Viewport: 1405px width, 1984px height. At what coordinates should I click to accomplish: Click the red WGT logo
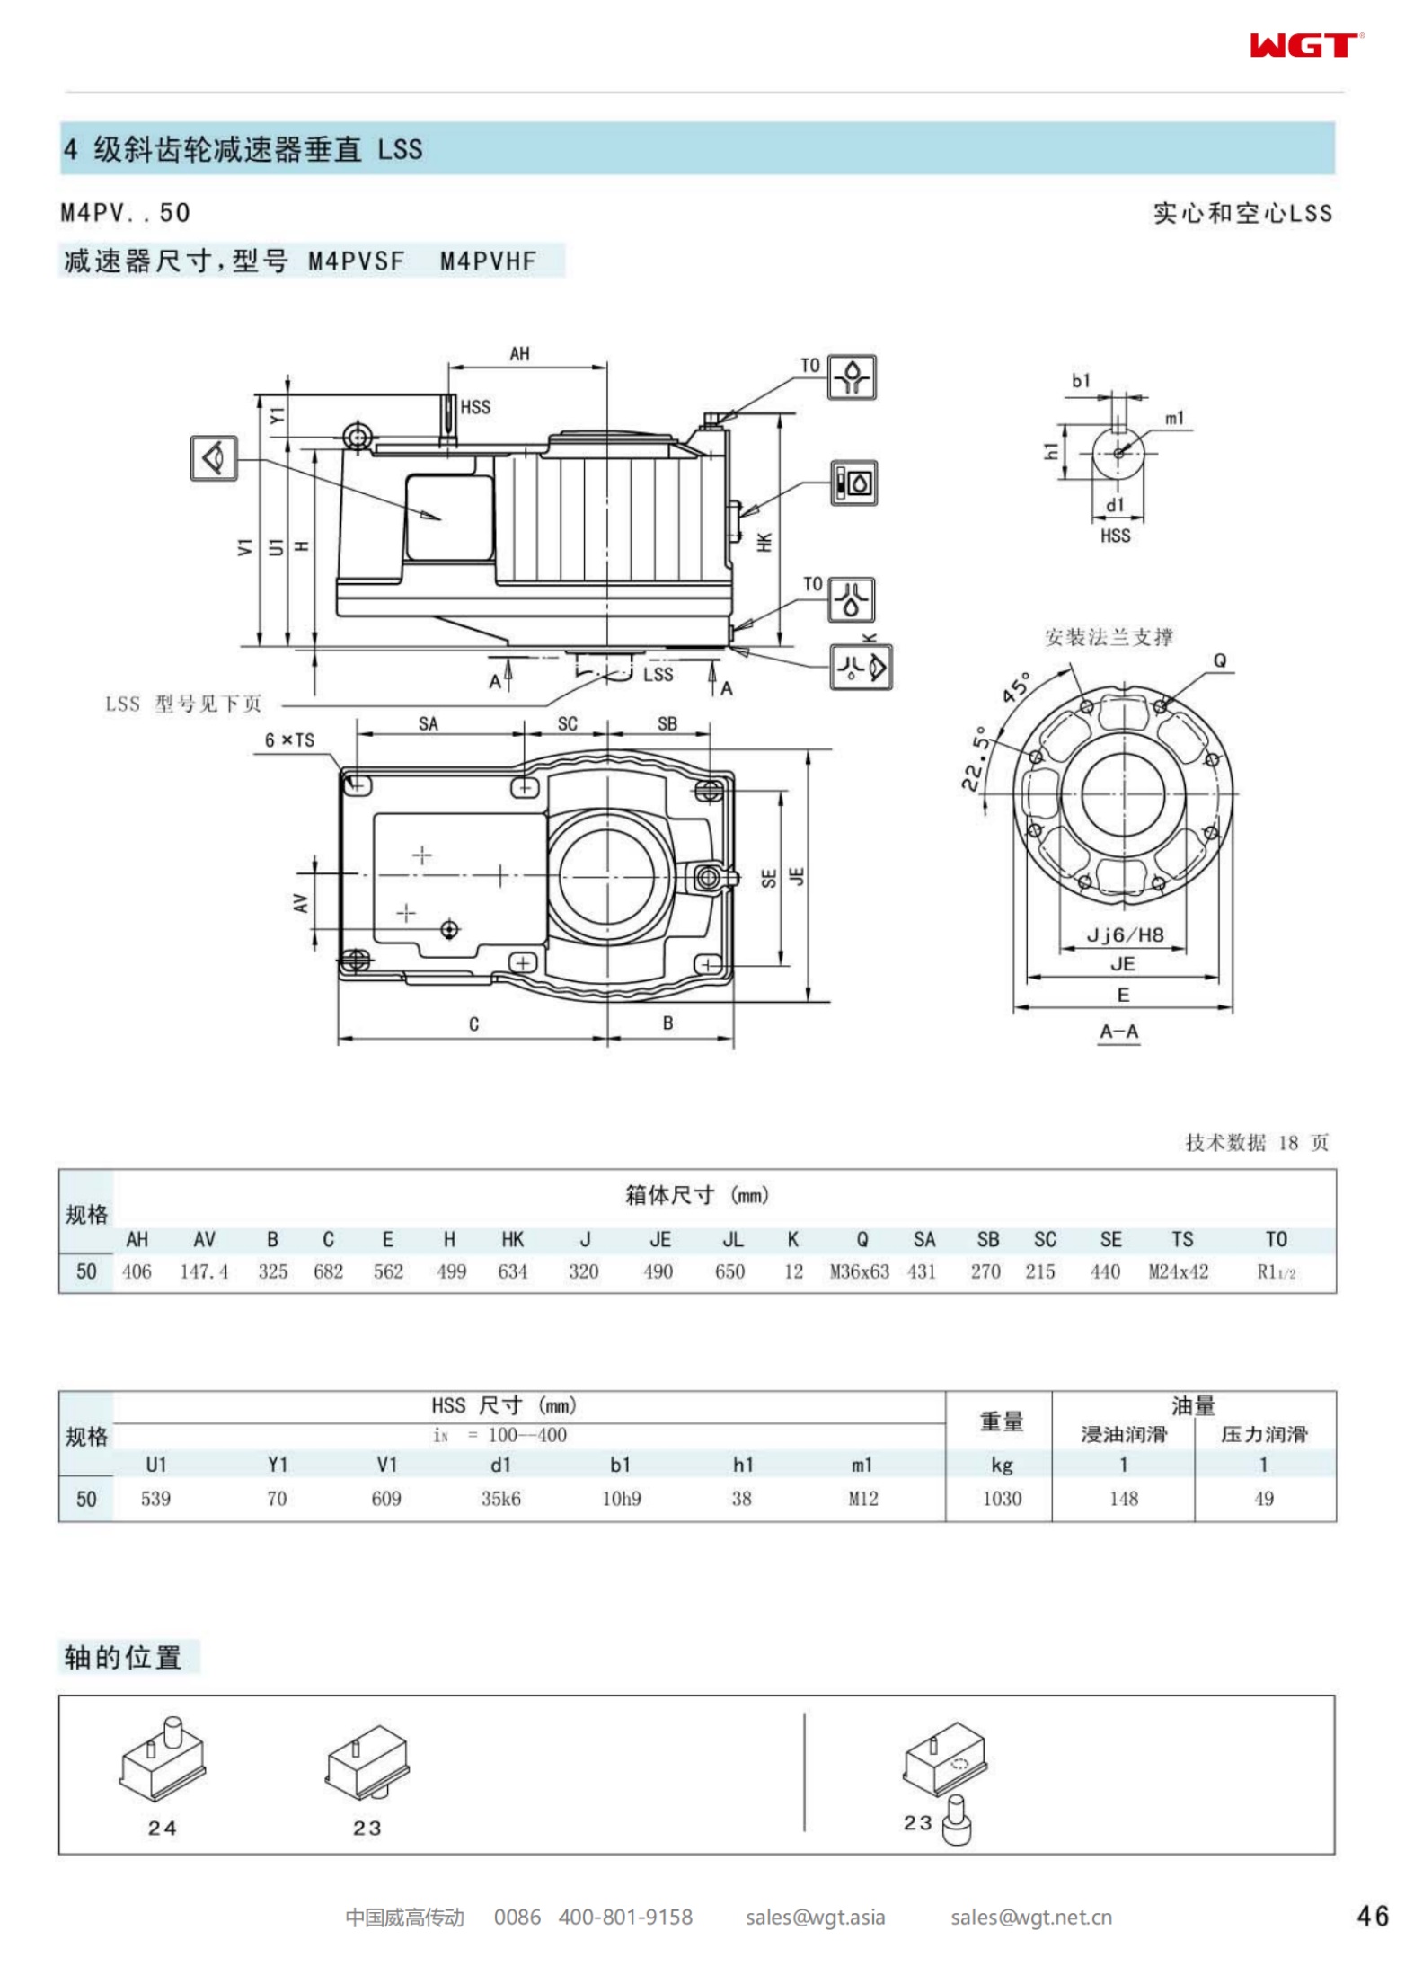[1304, 45]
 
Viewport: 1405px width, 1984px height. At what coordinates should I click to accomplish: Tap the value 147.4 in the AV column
[204, 1271]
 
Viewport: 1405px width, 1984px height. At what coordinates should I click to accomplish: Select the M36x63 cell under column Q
[859, 1271]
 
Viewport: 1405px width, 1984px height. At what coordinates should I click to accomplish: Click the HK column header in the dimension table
[512, 1239]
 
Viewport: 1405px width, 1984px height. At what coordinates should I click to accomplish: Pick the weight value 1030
[1002, 1498]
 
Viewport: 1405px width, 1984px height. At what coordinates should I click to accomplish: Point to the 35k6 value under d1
[500, 1498]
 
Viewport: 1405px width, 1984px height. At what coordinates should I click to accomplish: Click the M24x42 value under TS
[1178, 1271]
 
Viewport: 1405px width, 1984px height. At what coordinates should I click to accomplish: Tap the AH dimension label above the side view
[519, 354]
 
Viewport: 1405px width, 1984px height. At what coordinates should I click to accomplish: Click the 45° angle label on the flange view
[1018, 687]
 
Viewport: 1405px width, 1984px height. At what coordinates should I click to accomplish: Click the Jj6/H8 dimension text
[1125, 935]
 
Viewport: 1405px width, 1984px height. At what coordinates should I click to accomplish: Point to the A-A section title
[1118, 1032]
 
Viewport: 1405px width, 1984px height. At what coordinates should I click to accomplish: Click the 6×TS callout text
[289, 740]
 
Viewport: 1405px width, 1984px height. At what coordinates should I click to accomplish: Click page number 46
[1373, 1917]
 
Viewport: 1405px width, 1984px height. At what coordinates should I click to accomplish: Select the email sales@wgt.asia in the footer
[815, 1918]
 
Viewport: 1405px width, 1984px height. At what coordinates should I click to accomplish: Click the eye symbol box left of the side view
[214, 458]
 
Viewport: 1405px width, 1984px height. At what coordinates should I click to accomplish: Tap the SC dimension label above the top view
[567, 724]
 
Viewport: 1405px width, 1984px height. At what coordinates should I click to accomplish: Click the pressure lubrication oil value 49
[1263, 1498]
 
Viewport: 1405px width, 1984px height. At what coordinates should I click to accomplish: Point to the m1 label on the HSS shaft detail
[1174, 418]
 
